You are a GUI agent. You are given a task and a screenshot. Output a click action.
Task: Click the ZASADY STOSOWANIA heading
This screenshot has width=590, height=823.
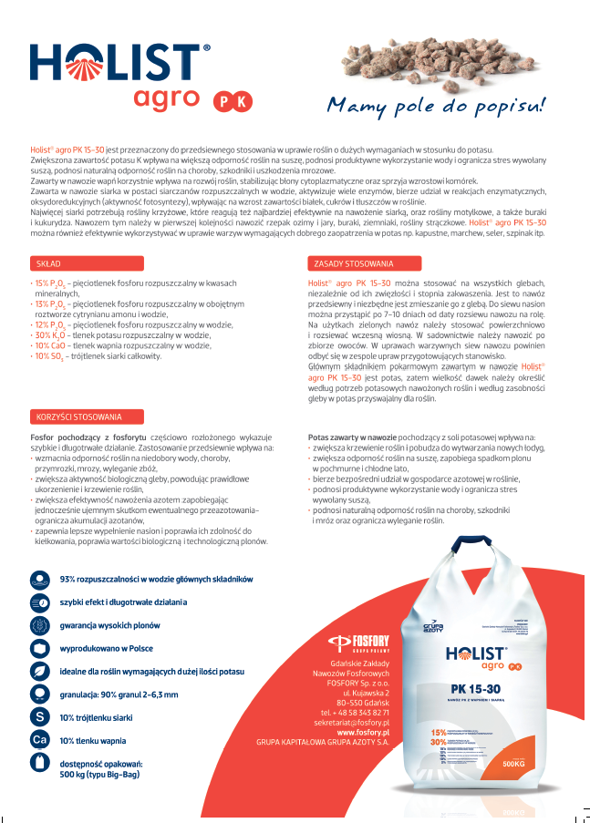point(353,263)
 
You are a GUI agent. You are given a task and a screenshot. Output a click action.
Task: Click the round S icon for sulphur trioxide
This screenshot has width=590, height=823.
point(39,717)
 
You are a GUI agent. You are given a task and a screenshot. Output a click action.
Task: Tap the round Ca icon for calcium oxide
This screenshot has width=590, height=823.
point(39,740)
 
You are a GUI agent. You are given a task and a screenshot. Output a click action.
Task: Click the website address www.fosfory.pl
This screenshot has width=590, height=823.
point(363,732)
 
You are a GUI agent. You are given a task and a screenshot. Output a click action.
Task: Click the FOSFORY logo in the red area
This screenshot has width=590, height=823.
point(358,641)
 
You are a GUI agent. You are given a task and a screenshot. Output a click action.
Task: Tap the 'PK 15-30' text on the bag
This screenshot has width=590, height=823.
point(478,686)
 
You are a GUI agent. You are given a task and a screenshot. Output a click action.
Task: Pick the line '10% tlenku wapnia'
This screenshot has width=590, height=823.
point(93,740)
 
